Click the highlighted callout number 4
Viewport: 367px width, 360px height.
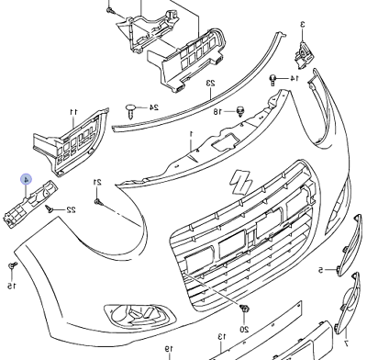tap(27, 180)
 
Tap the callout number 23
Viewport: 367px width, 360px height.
tap(211, 83)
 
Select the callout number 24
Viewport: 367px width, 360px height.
tap(154, 107)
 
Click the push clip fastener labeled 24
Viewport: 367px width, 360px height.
tap(131, 111)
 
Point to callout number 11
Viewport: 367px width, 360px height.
tap(73, 112)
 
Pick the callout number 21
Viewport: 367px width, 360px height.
tap(97, 182)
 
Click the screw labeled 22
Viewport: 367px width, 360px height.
tap(49, 208)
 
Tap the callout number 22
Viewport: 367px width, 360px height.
tap(71, 209)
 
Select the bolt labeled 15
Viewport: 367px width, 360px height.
tap(13, 265)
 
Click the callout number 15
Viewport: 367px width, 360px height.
tap(12, 286)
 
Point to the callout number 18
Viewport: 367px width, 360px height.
tap(217, 112)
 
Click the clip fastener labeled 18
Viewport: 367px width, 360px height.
tap(240, 112)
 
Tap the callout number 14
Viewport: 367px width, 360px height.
tap(294, 78)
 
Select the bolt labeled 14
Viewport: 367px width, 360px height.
tap(272, 80)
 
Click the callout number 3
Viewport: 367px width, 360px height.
tap(302, 24)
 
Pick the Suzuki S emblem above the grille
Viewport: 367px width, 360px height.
tap(241, 182)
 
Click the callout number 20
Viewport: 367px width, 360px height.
tap(244, 330)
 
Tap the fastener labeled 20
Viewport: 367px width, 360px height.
tap(244, 309)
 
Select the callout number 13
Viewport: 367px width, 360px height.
tap(222, 337)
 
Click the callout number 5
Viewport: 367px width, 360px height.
tap(320, 270)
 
